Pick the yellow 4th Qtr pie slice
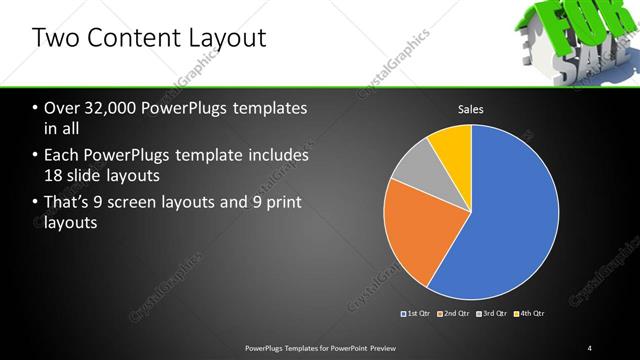tap(453, 144)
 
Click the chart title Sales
tap(471, 109)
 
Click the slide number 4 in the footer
tap(590, 347)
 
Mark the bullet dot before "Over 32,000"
tap(36, 109)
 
